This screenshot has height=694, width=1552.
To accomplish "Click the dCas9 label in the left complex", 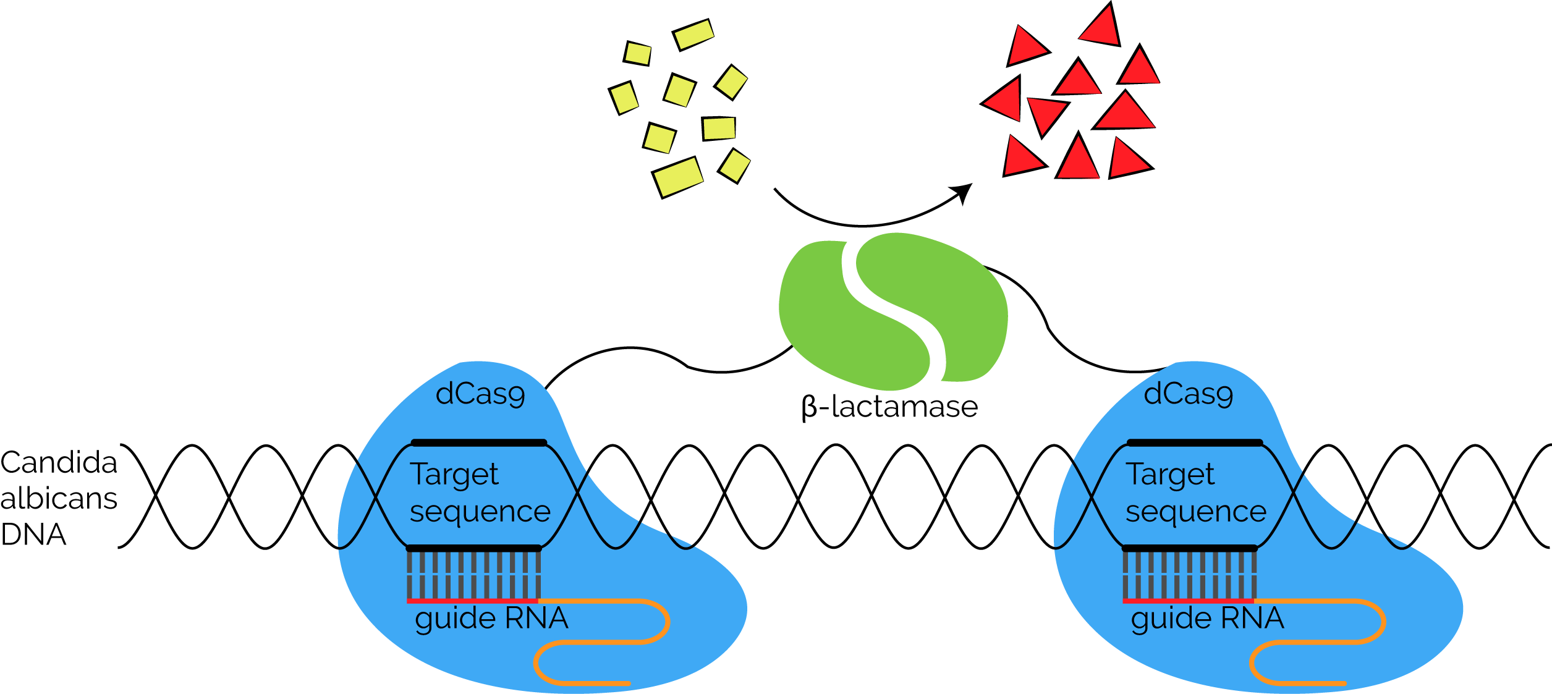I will click(480, 394).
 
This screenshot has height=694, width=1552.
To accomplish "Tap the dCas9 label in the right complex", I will click(1188, 394).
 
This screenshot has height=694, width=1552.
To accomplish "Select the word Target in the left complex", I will click(454, 475).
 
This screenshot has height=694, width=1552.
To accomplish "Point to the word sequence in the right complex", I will click(1196, 512).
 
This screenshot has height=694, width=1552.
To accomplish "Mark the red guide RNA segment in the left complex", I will click(472, 601).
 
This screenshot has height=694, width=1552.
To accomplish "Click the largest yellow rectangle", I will click(678, 177).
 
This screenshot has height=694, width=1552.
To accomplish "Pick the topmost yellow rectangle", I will click(694, 34).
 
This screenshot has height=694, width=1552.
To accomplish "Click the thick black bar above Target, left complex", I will click(479, 442).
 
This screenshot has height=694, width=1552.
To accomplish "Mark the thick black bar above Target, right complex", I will click(1194, 442).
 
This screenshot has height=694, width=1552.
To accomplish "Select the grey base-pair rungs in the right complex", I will click(1189, 575).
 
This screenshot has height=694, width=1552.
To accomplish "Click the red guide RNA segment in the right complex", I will click(1188, 601).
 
